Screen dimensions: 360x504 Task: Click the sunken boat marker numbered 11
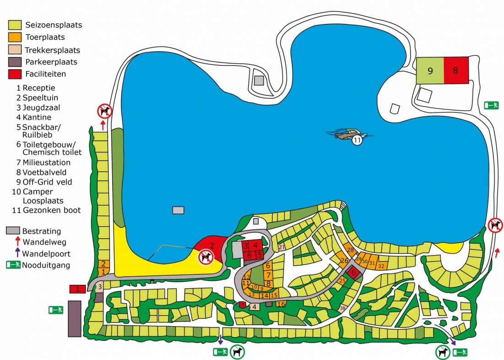point(357,141)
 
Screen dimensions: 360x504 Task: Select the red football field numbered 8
point(456,71)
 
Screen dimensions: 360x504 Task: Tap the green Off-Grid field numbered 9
point(430,71)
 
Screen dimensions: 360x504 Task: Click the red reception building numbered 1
point(77,289)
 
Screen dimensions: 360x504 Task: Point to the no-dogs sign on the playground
point(206,257)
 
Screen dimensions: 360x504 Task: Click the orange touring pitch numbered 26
point(345,261)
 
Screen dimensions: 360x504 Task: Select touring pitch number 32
point(381,265)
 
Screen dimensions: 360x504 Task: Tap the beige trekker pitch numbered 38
point(343,308)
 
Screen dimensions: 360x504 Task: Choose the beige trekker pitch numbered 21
point(281,247)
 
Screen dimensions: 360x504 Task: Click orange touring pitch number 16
point(281,304)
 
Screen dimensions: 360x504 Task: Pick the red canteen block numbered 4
point(256,245)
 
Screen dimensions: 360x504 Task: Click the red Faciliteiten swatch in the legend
point(15,74)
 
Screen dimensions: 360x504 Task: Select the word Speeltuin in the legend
point(40,98)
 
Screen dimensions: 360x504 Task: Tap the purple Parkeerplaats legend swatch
point(15,62)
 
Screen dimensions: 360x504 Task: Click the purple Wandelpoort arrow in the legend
point(17,253)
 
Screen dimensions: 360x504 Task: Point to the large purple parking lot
point(74,318)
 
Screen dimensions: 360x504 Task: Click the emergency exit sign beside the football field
point(492,105)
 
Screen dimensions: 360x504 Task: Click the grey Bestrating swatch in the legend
point(13,231)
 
